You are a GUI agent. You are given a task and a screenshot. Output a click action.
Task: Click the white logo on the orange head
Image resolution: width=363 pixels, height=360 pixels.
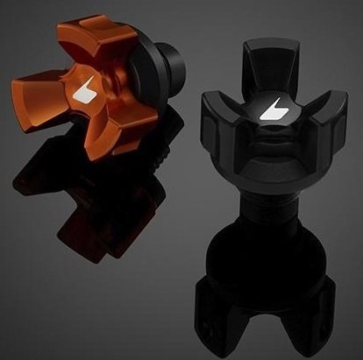pyautogui.click(x=89, y=92)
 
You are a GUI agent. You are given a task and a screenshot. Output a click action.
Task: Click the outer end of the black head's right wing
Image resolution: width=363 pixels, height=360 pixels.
pyautogui.click(x=338, y=123)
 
